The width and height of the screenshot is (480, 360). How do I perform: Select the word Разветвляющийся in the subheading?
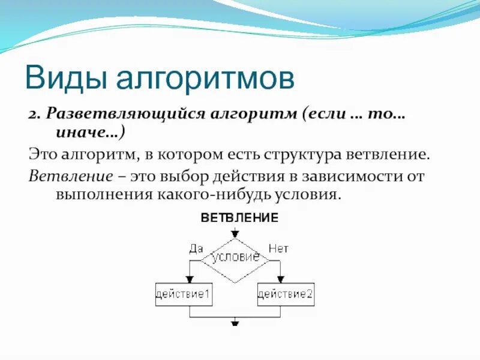130,114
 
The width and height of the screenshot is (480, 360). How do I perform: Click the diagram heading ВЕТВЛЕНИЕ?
239,218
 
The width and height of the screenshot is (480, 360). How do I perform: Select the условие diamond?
235,258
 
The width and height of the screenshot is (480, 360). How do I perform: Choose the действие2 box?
286,294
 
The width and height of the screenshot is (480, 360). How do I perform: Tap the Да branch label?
196,248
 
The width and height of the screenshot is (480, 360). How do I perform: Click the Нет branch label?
278,248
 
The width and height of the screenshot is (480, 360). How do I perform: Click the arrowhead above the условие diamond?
235,234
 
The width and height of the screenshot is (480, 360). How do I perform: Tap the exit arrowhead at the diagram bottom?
235,322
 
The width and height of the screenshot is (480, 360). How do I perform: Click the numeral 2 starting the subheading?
32,115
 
